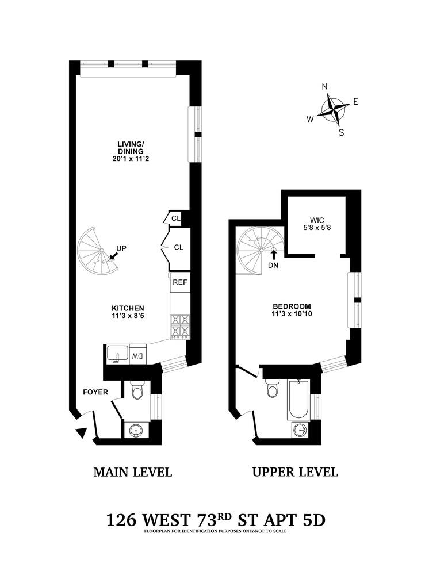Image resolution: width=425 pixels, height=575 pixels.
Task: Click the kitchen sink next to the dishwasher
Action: click(117, 354)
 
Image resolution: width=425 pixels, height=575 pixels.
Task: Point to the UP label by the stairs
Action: click(121, 248)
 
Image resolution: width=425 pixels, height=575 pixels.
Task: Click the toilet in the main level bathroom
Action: click(137, 391)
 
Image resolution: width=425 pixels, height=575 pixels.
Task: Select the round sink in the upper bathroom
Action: click(300, 429)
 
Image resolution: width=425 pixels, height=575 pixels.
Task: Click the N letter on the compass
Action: click(324, 87)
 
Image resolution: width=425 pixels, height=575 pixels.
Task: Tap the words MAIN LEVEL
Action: click(132, 473)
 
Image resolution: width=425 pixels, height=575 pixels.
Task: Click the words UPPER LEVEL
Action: click(295, 473)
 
